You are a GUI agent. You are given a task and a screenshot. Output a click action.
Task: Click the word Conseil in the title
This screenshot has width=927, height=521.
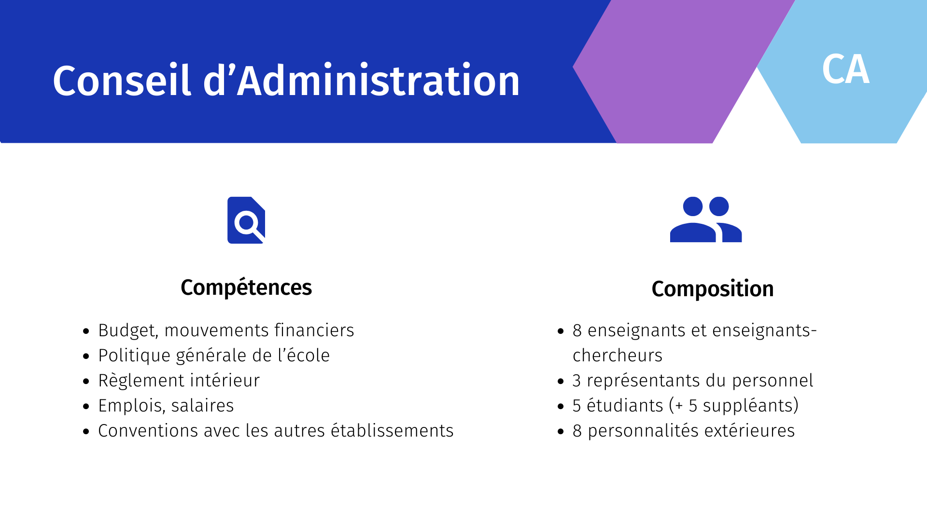click(122, 80)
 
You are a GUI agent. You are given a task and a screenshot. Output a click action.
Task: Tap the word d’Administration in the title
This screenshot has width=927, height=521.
click(361, 80)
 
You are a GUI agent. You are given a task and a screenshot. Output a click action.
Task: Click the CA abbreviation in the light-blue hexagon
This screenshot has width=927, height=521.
click(846, 69)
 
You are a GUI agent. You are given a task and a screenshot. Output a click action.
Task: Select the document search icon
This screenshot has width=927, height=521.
click(246, 220)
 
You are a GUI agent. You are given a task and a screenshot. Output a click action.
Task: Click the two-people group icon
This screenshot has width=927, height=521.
click(706, 219)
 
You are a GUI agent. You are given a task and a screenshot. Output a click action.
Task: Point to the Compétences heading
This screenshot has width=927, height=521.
click(246, 288)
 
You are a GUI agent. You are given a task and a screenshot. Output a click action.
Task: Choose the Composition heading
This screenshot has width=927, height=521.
click(713, 289)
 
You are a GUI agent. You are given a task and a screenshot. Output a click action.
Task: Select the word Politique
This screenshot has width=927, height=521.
click(134, 356)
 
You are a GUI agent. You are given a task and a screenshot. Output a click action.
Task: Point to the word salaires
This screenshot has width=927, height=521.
click(203, 406)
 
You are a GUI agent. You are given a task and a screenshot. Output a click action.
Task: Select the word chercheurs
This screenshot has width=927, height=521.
click(618, 356)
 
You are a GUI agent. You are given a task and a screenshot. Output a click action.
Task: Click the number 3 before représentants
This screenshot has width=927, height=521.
click(576, 381)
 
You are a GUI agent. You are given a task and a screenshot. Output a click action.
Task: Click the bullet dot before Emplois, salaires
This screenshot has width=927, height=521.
click(86, 406)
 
